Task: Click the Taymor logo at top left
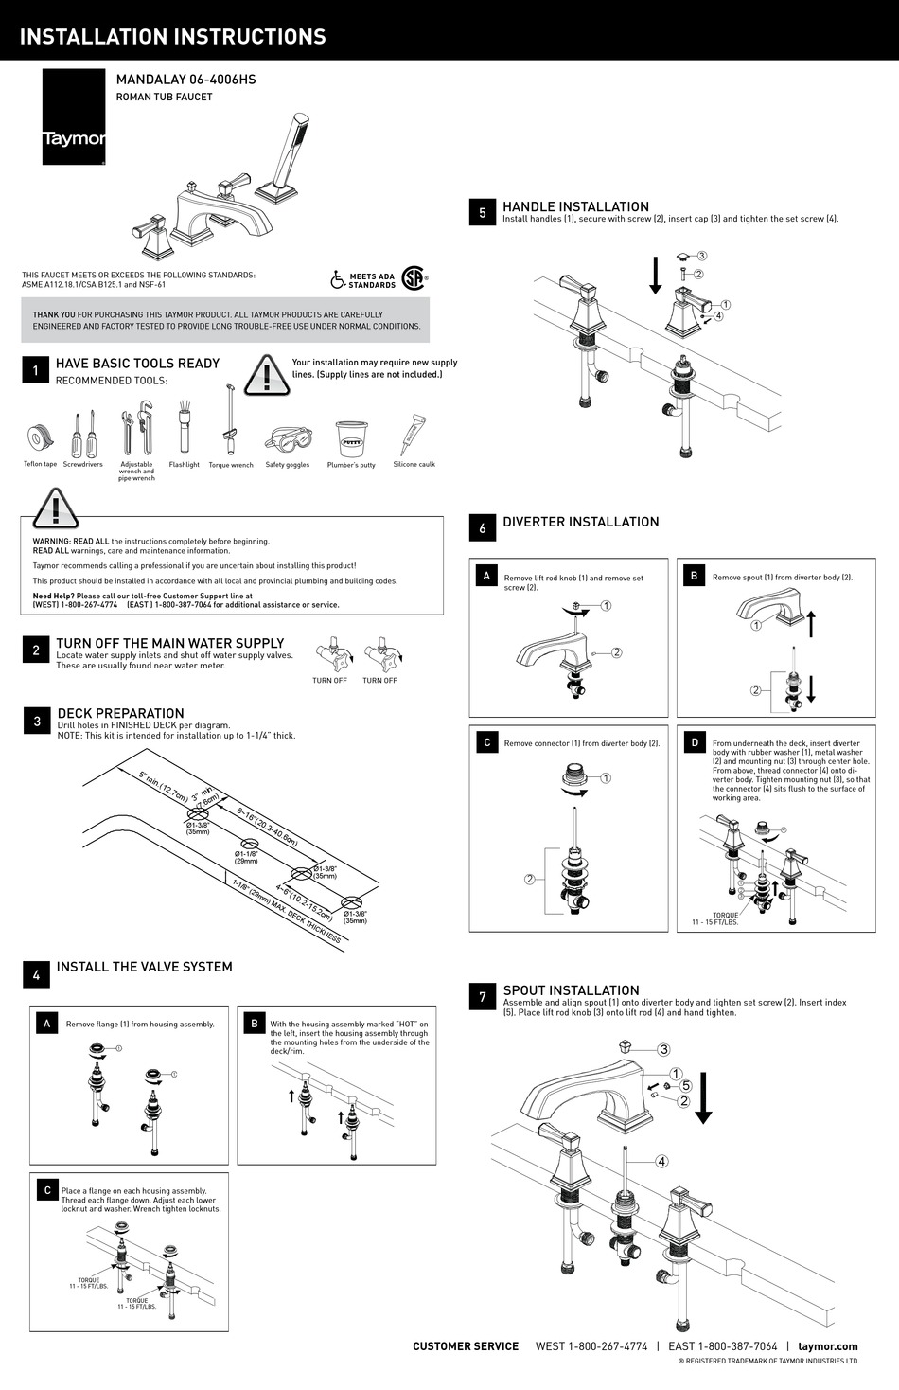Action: tap(73, 116)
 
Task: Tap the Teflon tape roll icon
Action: tap(39, 438)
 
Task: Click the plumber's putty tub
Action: tap(351, 438)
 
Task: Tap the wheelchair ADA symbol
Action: tap(338, 279)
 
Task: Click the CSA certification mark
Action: tap(413, 278)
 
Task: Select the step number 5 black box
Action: tap(483, 213)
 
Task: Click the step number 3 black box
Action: tap(37, 722)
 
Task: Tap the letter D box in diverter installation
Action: tap(695, 742)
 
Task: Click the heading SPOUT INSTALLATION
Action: tap(571, 990)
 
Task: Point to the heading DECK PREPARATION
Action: tap(120, 713)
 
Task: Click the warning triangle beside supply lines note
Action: tap(267, 375)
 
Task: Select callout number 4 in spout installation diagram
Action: tap(661, 1162)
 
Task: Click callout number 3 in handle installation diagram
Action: tap(702, 256)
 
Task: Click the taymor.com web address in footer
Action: tap(827, 1346)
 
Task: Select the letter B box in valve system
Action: tap(255, 1024)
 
